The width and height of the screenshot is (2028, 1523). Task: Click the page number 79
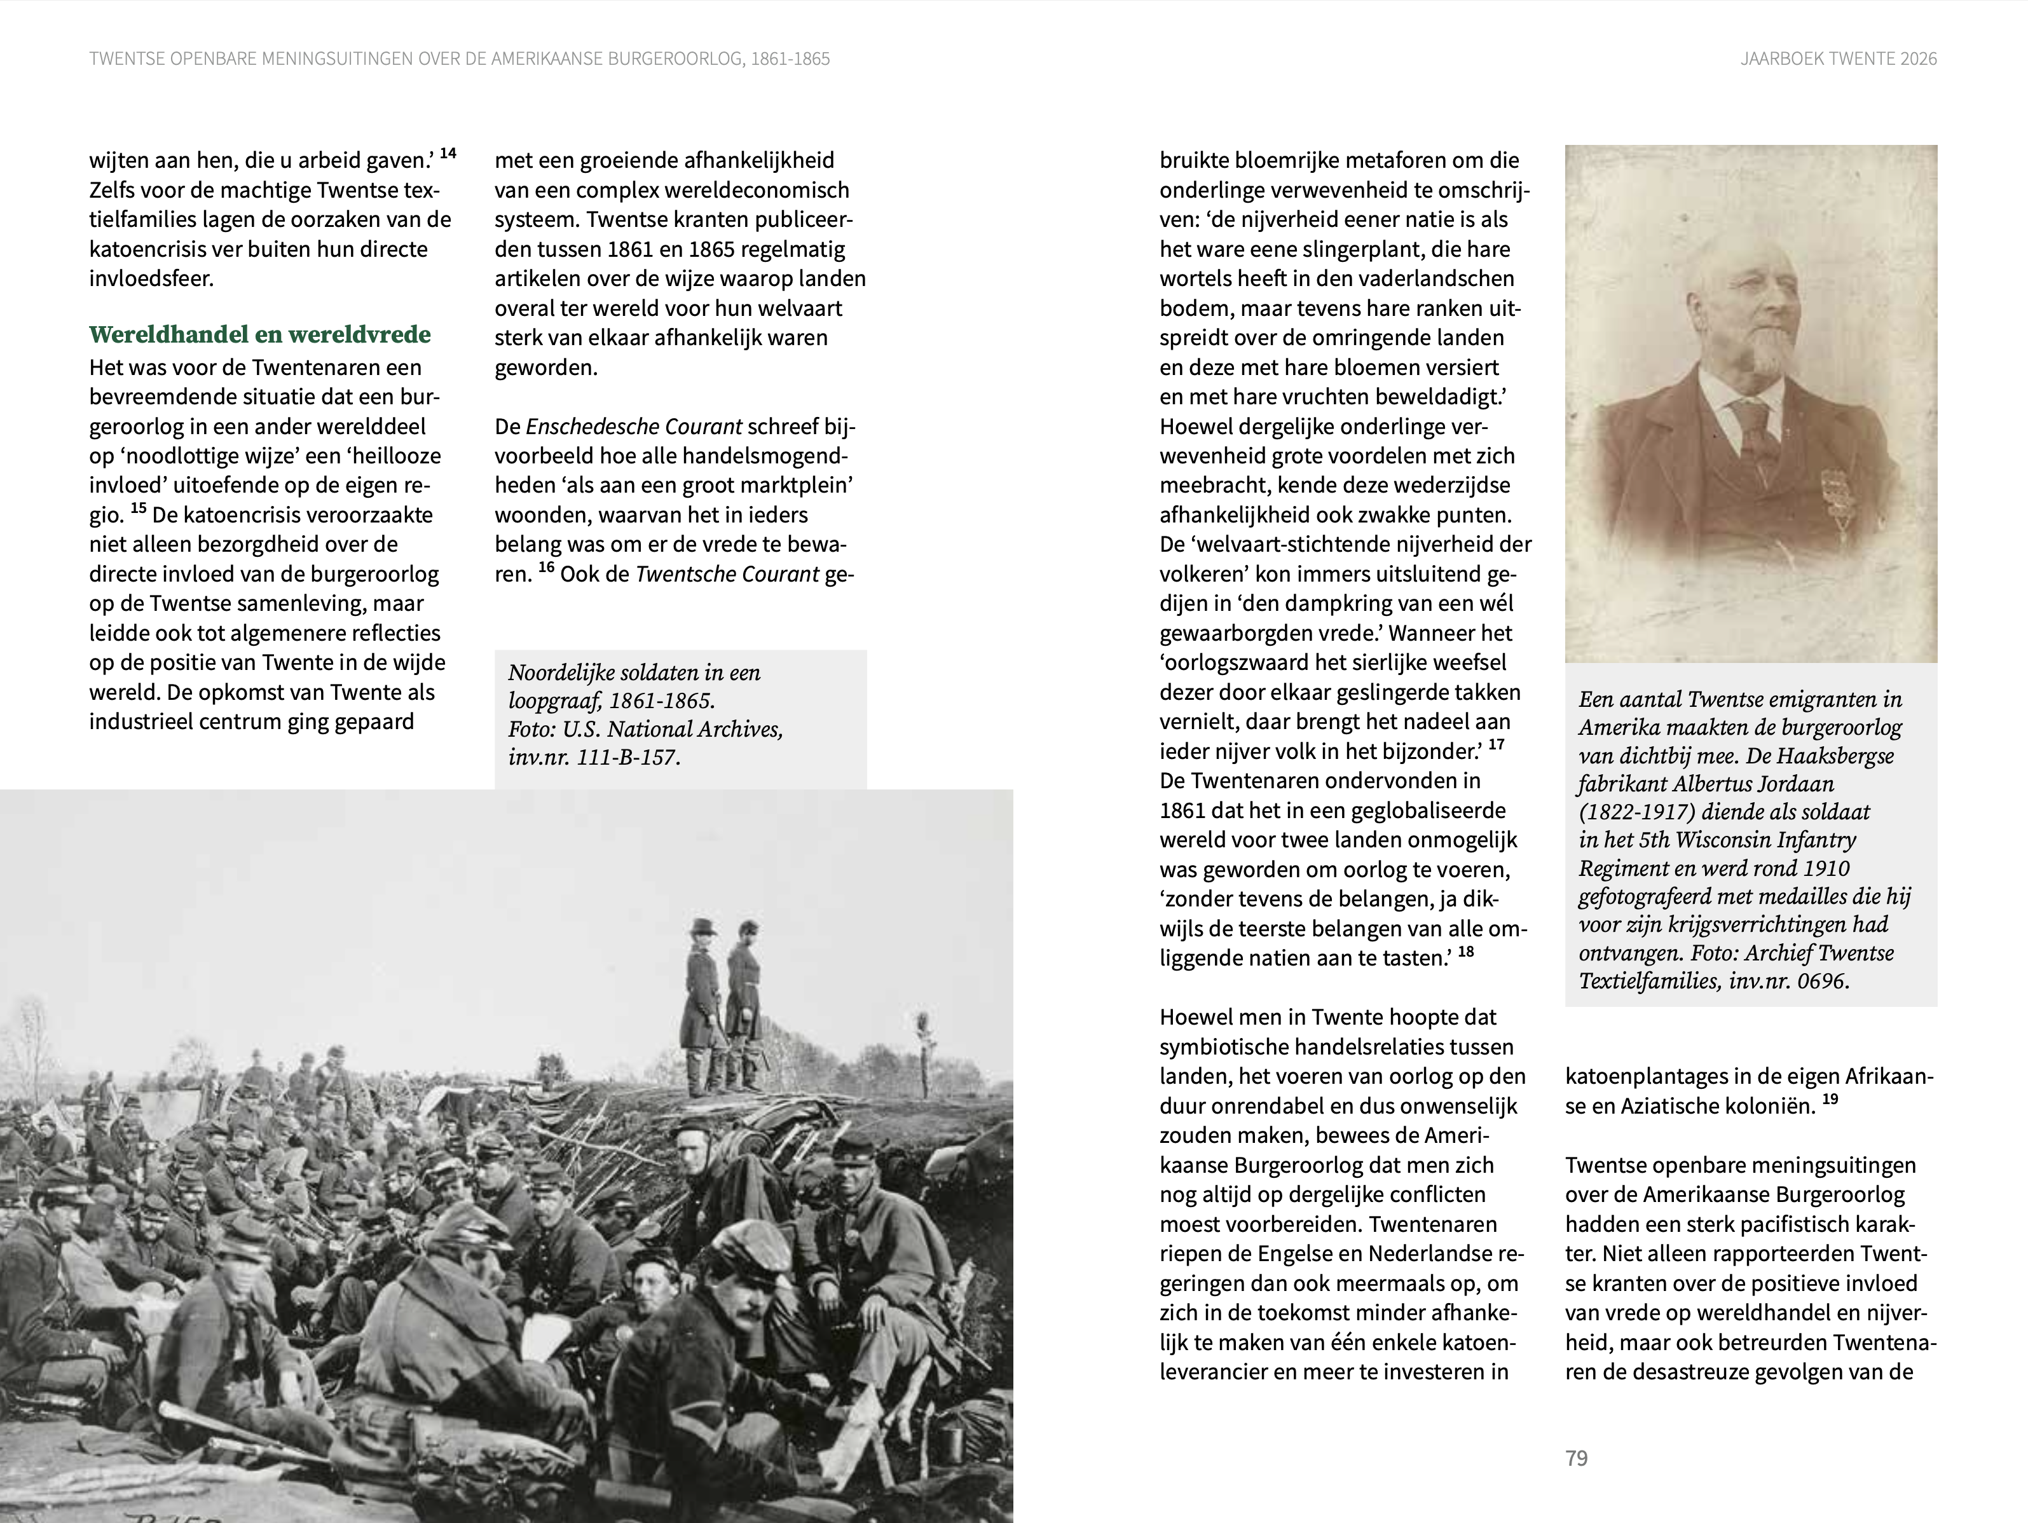[x=1576, y=1458]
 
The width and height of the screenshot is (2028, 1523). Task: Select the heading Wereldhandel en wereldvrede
[x=259, y=335]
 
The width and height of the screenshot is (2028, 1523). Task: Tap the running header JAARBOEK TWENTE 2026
[x=1838, y=58]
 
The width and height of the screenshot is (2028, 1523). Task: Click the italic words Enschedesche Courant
[x=634, y=427]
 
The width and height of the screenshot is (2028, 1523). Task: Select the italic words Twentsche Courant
[x=726, y=575]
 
